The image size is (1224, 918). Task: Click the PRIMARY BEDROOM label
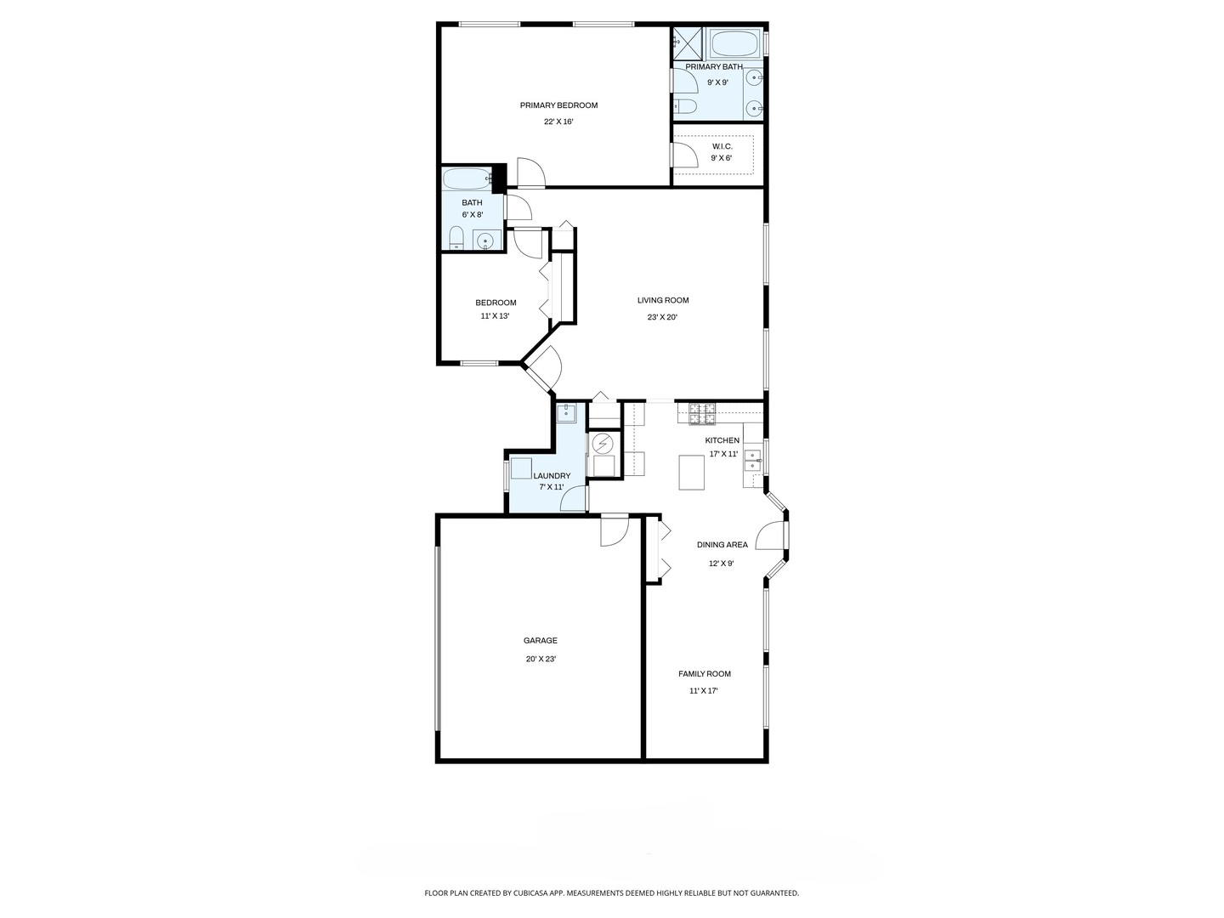558,105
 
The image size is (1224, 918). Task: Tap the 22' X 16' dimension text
558,122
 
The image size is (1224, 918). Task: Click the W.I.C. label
722,146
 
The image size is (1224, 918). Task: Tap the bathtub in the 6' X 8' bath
466,179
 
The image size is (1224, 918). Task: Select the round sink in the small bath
485,241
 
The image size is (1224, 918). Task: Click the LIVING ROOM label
663,300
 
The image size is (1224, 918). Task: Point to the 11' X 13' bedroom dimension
495,316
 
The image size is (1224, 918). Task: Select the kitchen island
692,472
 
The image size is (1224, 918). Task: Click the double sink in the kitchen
752,461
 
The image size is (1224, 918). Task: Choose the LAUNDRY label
552,476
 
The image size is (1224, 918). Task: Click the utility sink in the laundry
566,414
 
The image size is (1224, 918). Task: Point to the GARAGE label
541,641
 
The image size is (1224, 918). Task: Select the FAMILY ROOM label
704,674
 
